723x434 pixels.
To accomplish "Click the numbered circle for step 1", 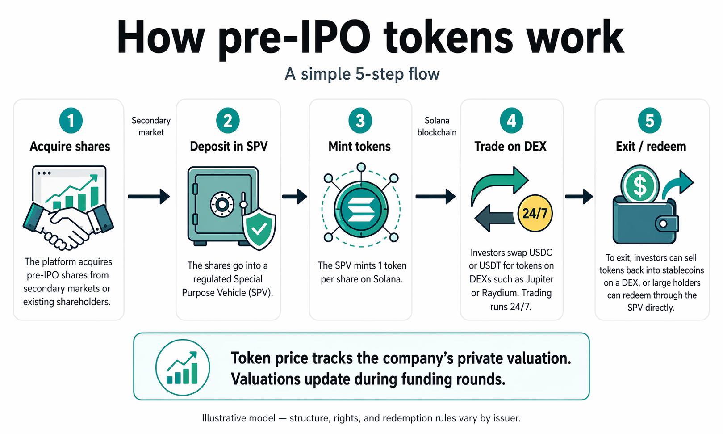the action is tap(71, 121).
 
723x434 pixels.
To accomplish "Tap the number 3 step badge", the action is tap(360, 121).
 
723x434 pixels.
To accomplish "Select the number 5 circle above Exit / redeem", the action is tap(649, 121).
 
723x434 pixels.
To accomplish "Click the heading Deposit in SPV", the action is tap(229, 147).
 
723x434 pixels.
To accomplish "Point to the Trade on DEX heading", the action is tap(510, 147).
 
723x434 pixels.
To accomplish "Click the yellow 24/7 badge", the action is tap(535, 213).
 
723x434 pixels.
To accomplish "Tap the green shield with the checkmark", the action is tap(259, 228).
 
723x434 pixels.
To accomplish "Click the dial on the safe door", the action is tap(222, 204).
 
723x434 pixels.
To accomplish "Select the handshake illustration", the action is tap(68, 226).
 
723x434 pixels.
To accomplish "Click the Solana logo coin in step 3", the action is tap(361, 209).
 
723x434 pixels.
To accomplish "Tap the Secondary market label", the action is tap(151, 126).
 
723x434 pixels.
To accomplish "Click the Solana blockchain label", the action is tap(437, 126).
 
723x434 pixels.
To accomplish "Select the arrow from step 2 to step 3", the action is tap(294, 197).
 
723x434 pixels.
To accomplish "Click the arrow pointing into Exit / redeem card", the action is tap(579, 197).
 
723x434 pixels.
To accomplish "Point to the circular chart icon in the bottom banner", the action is tap(183, 367).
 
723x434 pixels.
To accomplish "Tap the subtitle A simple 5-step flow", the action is tap(362, 74).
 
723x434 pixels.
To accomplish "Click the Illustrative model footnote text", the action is tap(361, 418).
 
